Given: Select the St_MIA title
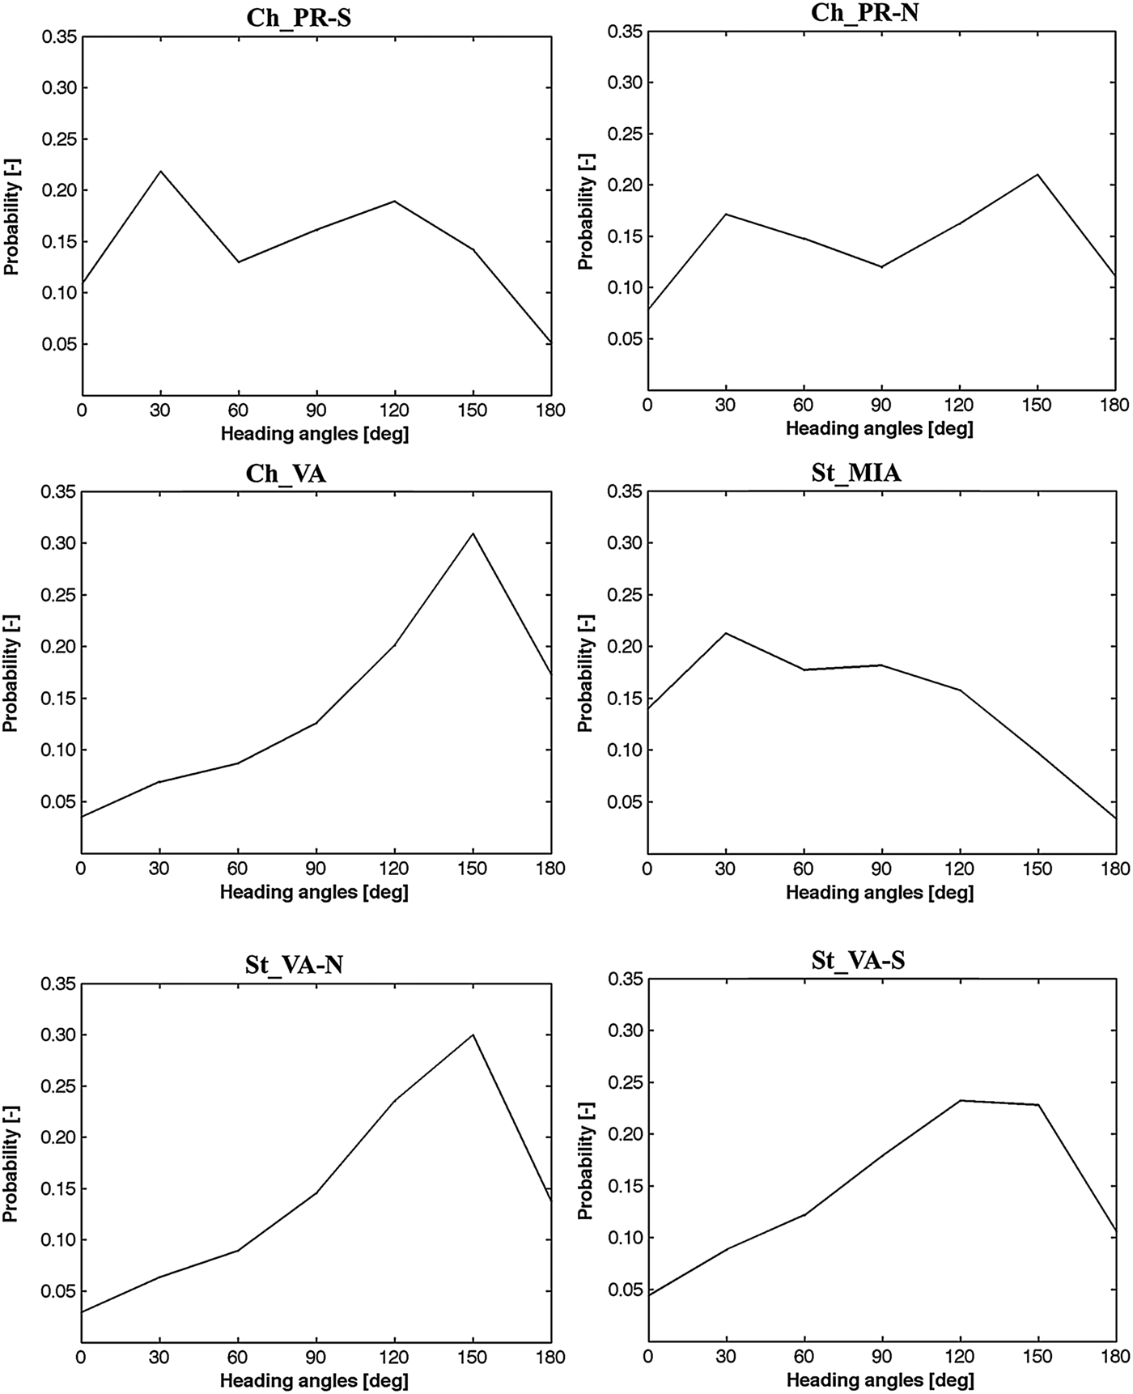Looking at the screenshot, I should [x=855, y=473].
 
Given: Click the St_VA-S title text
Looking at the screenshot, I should [x=858, y=961].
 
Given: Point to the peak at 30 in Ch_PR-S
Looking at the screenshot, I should [x=160, y=171].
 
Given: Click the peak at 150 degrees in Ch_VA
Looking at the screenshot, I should [x=473, y=533].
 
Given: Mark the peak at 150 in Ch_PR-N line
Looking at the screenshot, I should [x=1038, y=174].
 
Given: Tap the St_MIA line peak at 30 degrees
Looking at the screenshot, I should [x=726, y=633].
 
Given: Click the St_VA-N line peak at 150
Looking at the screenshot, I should [x=473, y=1035].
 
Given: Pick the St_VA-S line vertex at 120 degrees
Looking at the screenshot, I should [x=960, y=1100].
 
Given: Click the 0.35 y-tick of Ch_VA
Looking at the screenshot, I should [x=58, y=491].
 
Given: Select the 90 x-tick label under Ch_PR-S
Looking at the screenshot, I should [x=316, y=411].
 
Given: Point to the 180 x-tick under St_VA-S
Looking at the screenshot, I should [x=1115, y=1357].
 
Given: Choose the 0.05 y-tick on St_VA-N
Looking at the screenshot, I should [x=58, y=1292].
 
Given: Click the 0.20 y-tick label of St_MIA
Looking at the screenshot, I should [x=623, y=647].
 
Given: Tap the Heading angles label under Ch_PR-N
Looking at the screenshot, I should [x=879, y=428].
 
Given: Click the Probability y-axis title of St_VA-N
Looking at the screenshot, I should [x=11, y=1166].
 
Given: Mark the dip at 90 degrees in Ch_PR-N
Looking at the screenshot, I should [x=881, y=267].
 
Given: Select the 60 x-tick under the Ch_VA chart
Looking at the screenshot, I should [x=238, y=869].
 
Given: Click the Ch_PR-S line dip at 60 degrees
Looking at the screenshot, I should [x=238, y=262].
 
